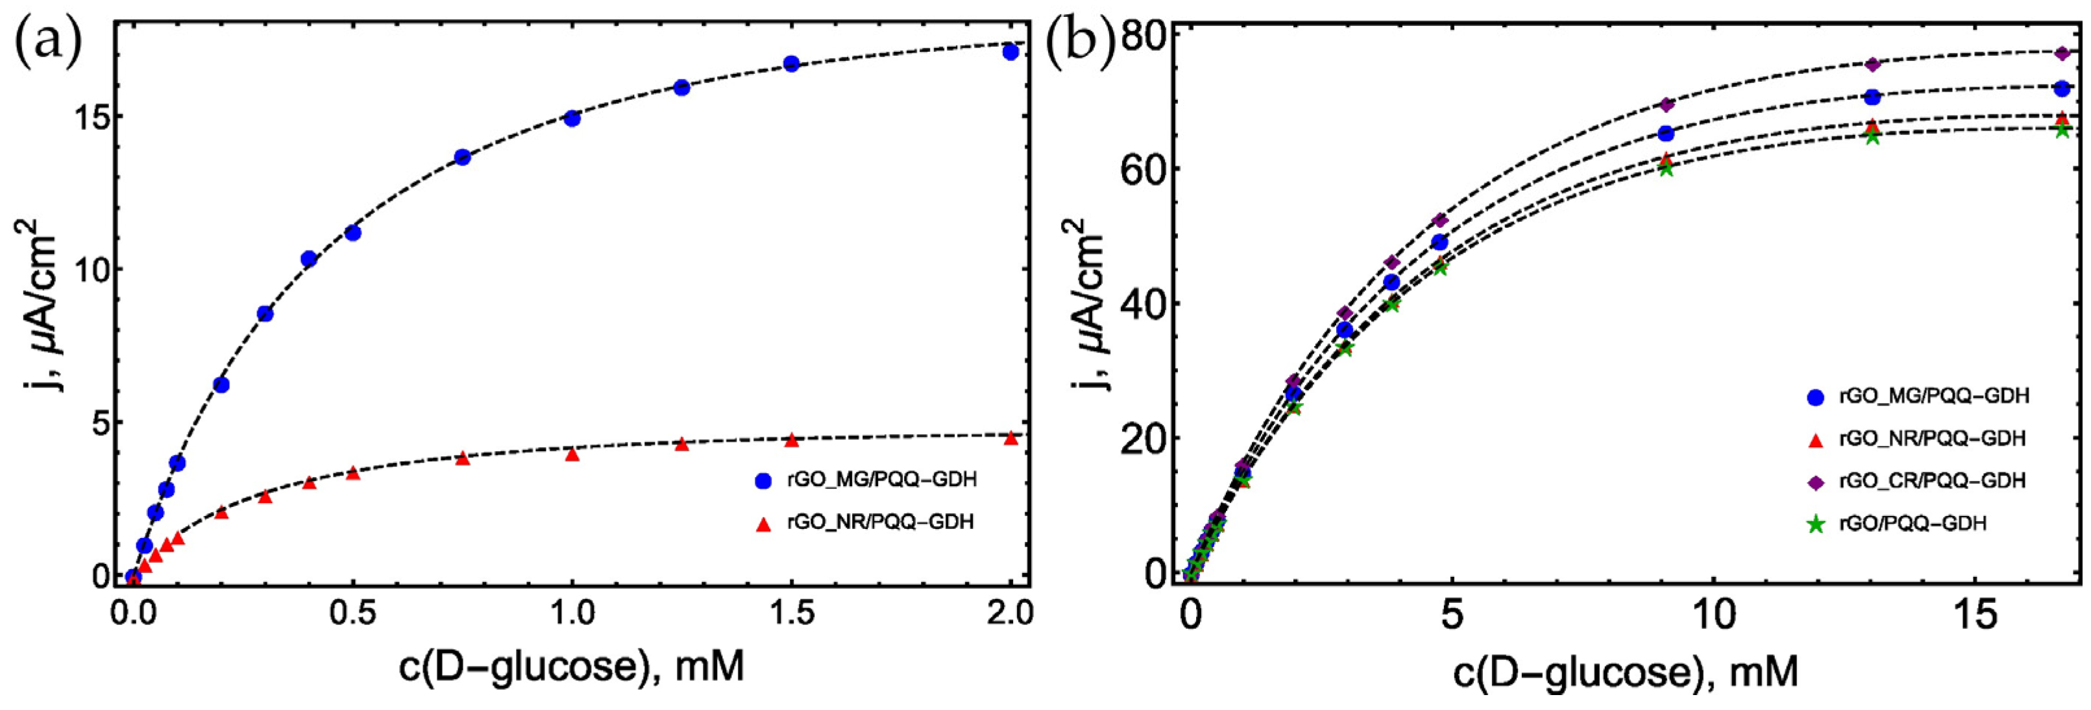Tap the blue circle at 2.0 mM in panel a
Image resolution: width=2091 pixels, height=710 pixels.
point(1010,52)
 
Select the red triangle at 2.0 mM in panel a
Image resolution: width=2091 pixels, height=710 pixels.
point(1010,438)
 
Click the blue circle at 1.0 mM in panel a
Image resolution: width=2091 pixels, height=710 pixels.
point(572,119)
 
